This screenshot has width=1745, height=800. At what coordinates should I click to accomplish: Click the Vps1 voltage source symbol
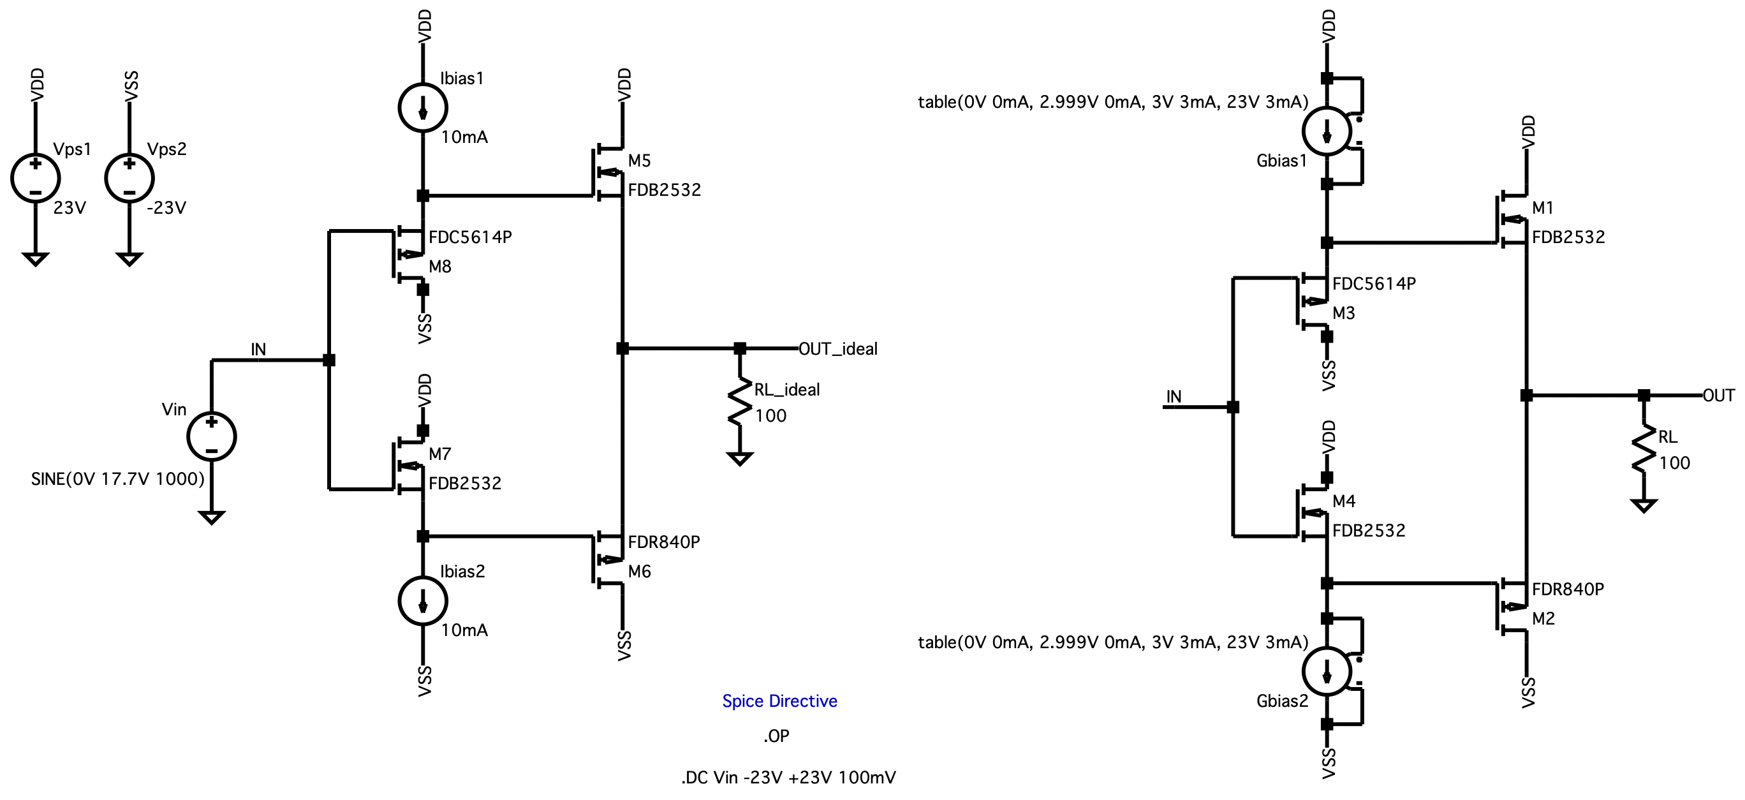pos(35,178)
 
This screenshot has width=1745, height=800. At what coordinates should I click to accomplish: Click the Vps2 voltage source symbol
pos(129,178)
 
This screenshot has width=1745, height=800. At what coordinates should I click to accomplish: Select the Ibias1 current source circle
pos(423,108)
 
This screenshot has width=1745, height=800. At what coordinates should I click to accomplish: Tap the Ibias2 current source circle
pos(423,601)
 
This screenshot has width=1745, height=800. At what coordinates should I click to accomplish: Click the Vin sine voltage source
pos(211,436)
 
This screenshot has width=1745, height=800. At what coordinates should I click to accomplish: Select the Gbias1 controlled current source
pos(1327,131)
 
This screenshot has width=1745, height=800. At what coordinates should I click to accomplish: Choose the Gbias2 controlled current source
pos(1327,671)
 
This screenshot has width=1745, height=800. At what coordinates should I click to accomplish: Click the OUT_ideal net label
pos(838,349)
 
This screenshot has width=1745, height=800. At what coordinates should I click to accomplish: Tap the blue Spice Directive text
pos(779,701)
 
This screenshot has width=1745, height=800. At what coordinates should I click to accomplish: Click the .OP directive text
pos(776,736)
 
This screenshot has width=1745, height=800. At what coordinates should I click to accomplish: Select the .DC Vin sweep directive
pos(788,778)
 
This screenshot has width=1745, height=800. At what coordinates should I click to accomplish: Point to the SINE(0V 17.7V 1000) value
pos(118,479)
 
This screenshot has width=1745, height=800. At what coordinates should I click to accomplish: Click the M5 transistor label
pos(639,161)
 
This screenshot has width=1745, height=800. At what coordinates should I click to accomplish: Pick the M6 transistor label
pos(639,572)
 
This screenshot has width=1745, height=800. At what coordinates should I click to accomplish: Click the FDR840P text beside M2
pos(1568,589)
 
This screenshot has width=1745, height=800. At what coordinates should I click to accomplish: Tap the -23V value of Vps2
pos(166,208)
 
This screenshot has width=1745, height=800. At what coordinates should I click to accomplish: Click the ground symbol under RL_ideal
pos(740,459)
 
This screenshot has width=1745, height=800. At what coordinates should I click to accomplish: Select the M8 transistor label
pos(439,267)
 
